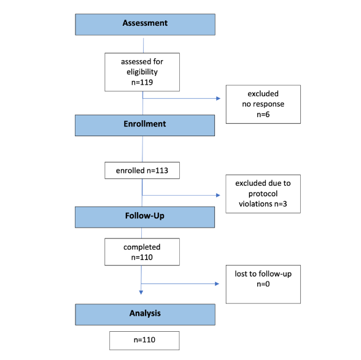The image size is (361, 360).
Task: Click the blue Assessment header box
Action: (145, 24)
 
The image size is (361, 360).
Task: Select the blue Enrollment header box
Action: (145, 124)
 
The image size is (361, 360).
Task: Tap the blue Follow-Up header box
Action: (145, 217)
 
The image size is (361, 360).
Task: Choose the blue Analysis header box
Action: (145, 313)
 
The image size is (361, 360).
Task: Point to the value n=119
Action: (142, 80)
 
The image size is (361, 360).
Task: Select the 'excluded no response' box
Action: (263, 104)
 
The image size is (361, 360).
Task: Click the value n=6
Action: (263, 114)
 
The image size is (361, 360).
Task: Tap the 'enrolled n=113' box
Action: (142, 170)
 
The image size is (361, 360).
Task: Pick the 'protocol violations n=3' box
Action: (263, 194)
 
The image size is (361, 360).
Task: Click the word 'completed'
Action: (142, 247)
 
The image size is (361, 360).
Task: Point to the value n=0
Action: (263, 284)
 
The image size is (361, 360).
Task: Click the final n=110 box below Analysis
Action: (144, 340)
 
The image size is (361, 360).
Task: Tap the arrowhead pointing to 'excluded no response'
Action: (218, 97)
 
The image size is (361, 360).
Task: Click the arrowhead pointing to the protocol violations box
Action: (218, 196)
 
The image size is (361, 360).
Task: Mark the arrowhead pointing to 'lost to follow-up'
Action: (218, 284)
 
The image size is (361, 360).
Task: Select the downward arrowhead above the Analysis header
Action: (142, 291)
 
